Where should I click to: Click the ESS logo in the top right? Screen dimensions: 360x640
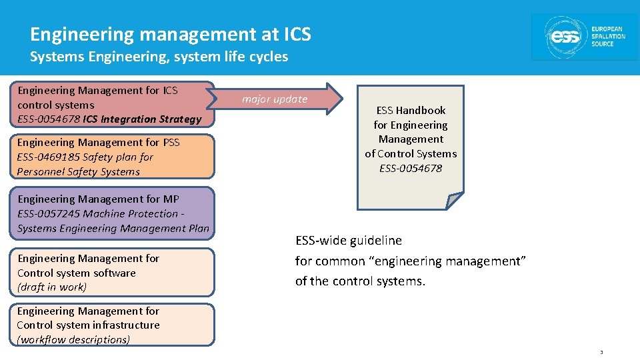coord(585,37)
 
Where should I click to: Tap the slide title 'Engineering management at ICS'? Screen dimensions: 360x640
coord(170,34)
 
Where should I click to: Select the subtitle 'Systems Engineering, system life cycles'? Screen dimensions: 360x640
coord(159,57)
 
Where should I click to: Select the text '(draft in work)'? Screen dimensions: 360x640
coord(52,287)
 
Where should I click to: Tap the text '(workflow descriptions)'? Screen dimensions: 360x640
coord(73,339)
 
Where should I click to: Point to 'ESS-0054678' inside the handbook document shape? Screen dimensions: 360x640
coord(411,168)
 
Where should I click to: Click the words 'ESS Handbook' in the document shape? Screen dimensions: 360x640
coord(411,110)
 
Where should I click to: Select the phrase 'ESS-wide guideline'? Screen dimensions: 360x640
coord(349,240)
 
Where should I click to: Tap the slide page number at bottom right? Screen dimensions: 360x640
coord(601,352)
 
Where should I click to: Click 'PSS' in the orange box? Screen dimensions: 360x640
coord(171,143)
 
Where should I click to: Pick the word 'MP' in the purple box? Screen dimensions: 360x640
coord(171,199)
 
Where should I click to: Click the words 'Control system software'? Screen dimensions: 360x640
coord(76,273)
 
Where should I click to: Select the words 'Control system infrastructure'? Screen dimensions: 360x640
coord(88,325)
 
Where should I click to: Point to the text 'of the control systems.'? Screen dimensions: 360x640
coord(360,281)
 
